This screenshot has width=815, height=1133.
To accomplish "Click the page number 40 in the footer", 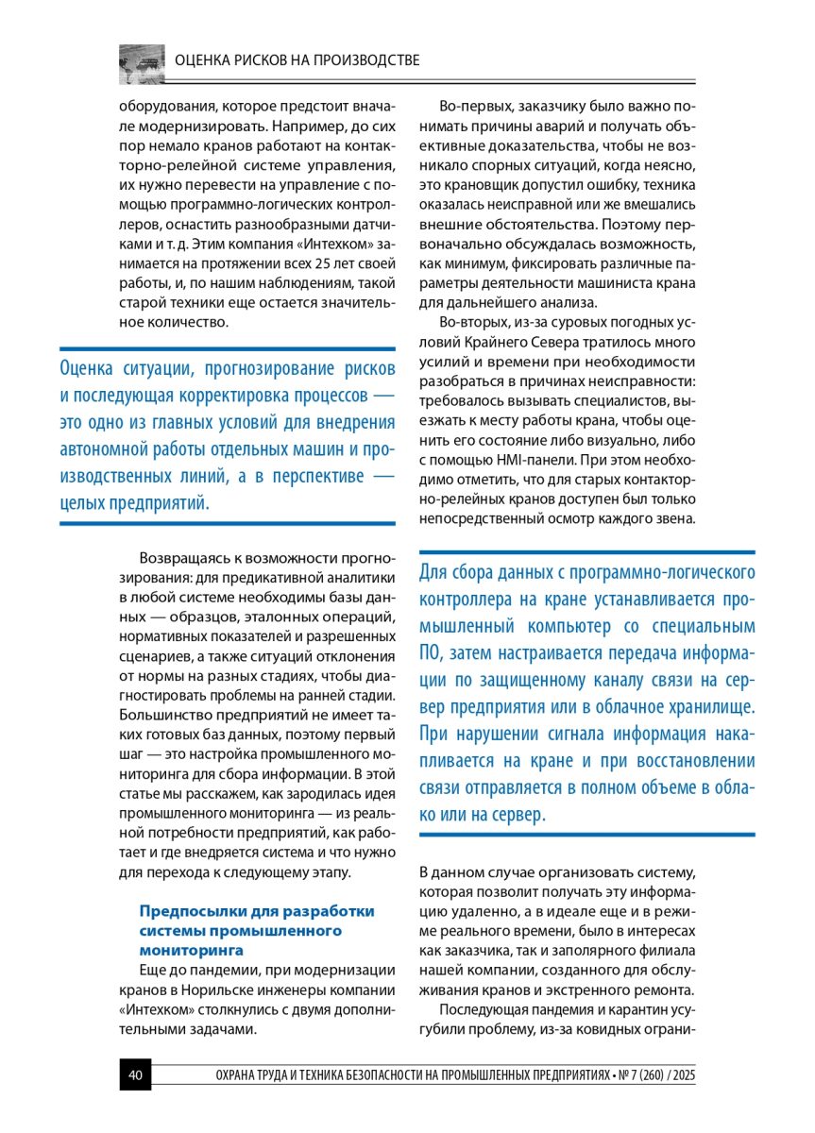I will click(134, 1075).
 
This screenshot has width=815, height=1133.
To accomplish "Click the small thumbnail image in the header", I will click(142, 62).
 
